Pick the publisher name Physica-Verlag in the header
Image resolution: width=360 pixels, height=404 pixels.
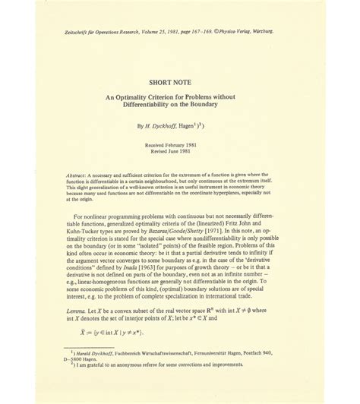tap(282, 31)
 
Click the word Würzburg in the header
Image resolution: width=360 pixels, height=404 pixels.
tap(321, 31)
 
